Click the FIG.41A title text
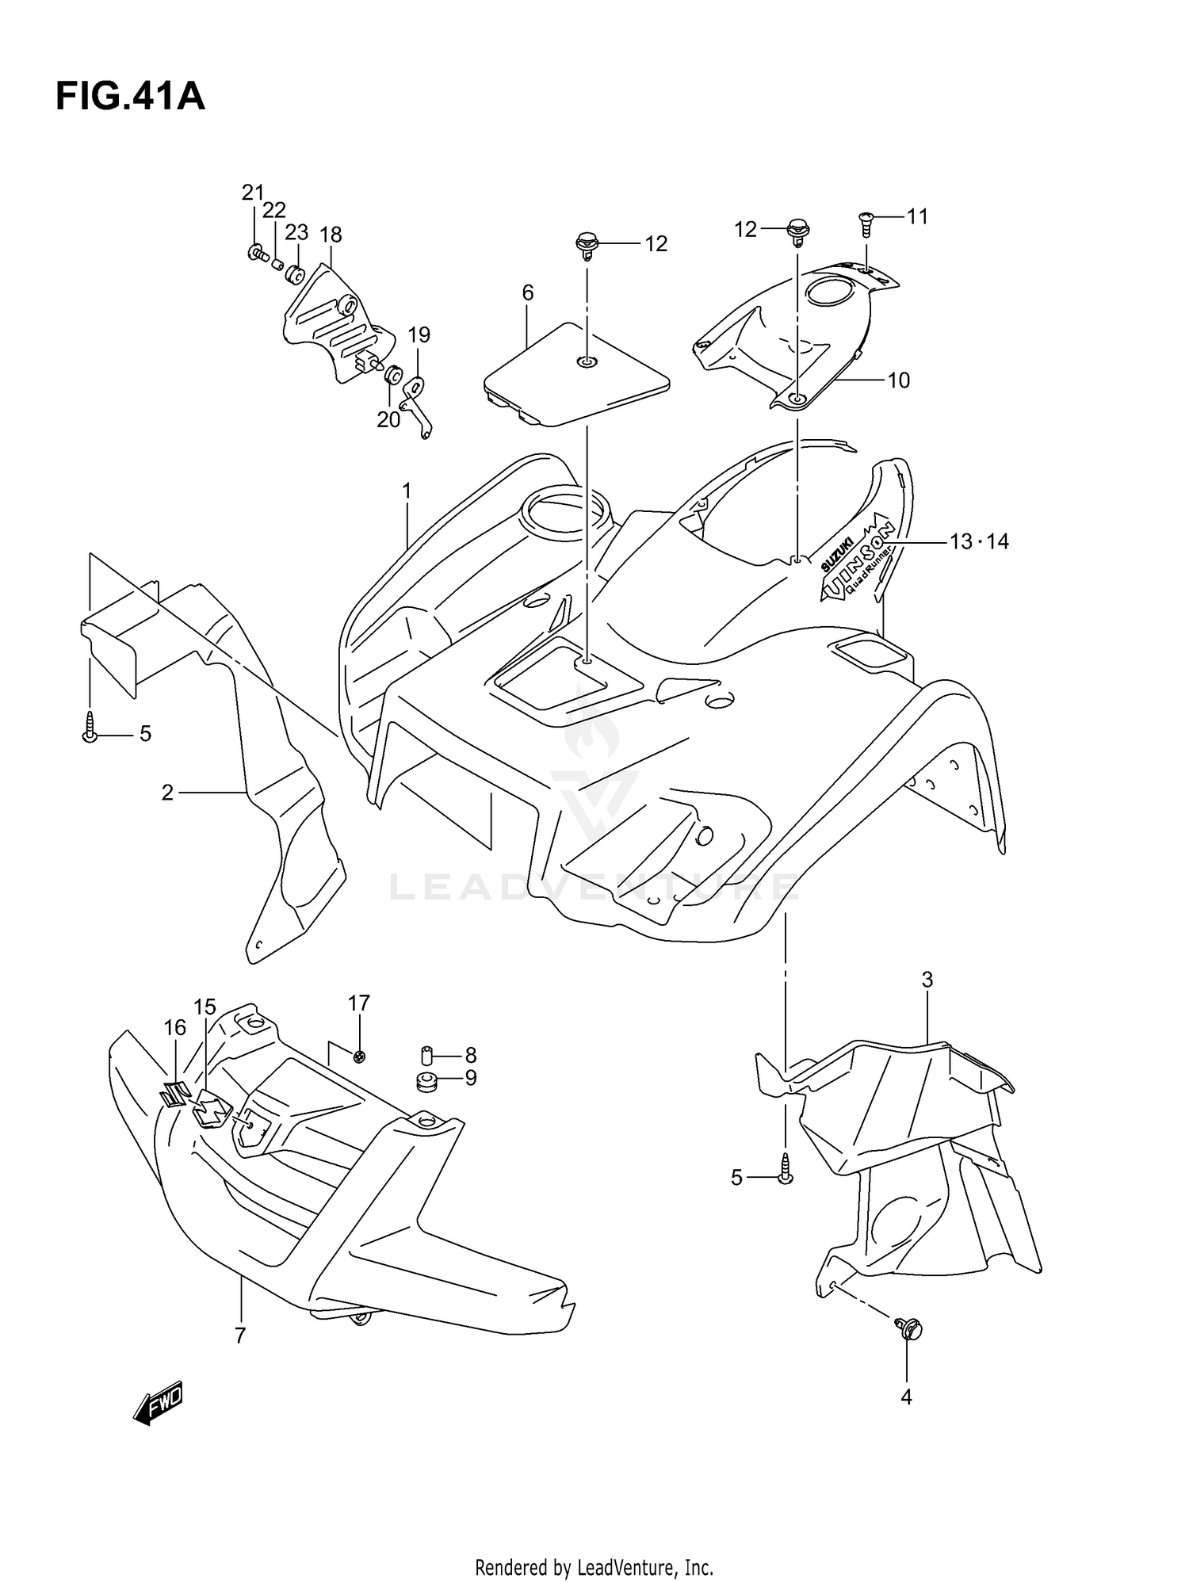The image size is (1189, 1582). [130, 97]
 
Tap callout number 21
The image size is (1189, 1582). [253, 193]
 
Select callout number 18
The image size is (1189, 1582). [331, 235]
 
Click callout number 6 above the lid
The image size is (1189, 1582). [528, 293]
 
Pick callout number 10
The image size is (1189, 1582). [898, 380]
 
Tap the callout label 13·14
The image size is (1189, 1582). [979, 542]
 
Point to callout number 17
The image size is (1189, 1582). [359, 1003]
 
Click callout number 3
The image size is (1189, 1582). [927, 980]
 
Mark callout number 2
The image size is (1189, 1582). [167, 793]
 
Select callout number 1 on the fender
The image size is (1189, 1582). [407, 491]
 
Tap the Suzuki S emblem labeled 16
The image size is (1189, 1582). [174, 1094]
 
